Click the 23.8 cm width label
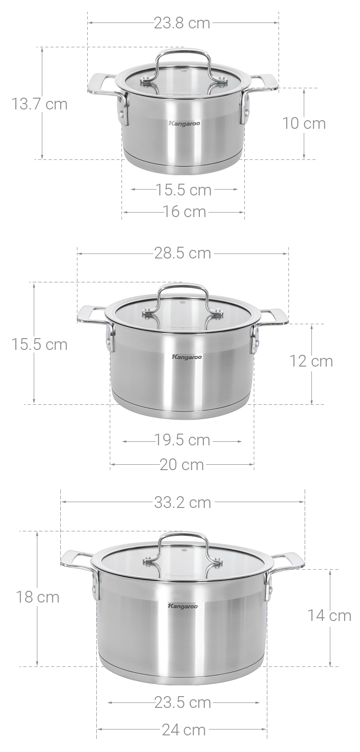[182, 23]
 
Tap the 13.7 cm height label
[39, 104]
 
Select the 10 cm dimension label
[304, 123]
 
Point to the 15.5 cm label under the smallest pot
[184, 190]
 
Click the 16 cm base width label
[184, 211]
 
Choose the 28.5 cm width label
[182, 253]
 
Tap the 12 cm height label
[311, 361]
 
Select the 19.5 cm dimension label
[183, 440]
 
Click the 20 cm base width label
[182, 464]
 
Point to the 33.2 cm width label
[182, 502]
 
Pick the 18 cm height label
[38, 597]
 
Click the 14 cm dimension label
[329, 615]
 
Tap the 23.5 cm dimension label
[183, 702]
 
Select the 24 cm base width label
[184, 730]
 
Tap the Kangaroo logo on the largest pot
[182, 607]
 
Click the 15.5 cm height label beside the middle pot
[39, 344]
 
